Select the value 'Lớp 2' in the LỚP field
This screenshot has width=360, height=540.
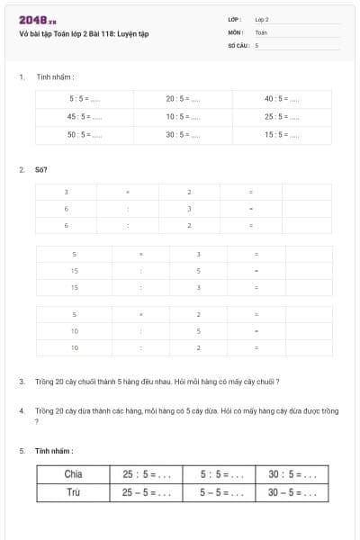[x=262, y=19]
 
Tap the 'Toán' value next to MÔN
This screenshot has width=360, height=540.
[x=261, y=31]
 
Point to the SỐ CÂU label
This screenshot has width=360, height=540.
[x=238, y=44]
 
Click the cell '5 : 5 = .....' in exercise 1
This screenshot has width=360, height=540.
[x=85, y=98]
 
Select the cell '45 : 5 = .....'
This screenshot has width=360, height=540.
[x=85, y=116]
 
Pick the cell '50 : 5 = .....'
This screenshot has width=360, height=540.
[x=85, y=134]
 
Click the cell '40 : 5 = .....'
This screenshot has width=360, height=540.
[x=282, y=98]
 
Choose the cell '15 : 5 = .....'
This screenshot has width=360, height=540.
[x=282, y=134]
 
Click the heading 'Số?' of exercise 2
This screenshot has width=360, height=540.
[x=41, y=169]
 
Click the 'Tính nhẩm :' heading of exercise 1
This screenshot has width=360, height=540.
[x=56, y=77]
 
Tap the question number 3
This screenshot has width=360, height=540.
[x=22, y=382]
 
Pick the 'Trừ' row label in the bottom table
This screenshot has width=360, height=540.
[x=74, y=492]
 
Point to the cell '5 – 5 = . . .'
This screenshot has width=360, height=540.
[x=221, y=492]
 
